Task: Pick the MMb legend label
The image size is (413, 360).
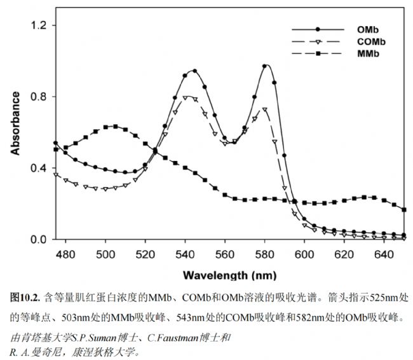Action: (368, 55)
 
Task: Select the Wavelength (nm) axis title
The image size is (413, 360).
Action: (229, 275)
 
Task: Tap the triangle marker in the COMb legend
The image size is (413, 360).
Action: (316, 42)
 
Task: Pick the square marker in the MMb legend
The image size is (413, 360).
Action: (316, 55)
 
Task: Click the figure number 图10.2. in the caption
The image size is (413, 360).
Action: (25, 297)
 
